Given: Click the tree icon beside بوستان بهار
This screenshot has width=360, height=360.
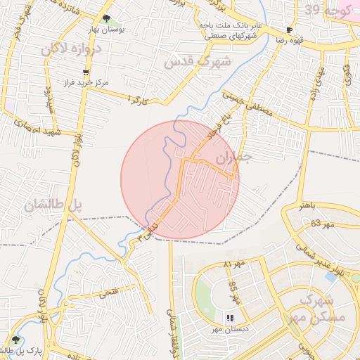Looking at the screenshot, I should [106, 19].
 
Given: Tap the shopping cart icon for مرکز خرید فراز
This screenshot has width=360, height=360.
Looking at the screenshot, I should [86, 72].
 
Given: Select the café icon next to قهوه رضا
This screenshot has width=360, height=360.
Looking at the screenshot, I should [289, 30].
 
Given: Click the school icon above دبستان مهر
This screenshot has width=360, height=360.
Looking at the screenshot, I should [229, 318].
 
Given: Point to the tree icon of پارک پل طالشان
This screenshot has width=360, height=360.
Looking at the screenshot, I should [15, 340].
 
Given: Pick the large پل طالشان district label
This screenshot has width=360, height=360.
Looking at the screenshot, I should [53, 205].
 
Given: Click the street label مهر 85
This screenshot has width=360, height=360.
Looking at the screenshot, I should [235, 292].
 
